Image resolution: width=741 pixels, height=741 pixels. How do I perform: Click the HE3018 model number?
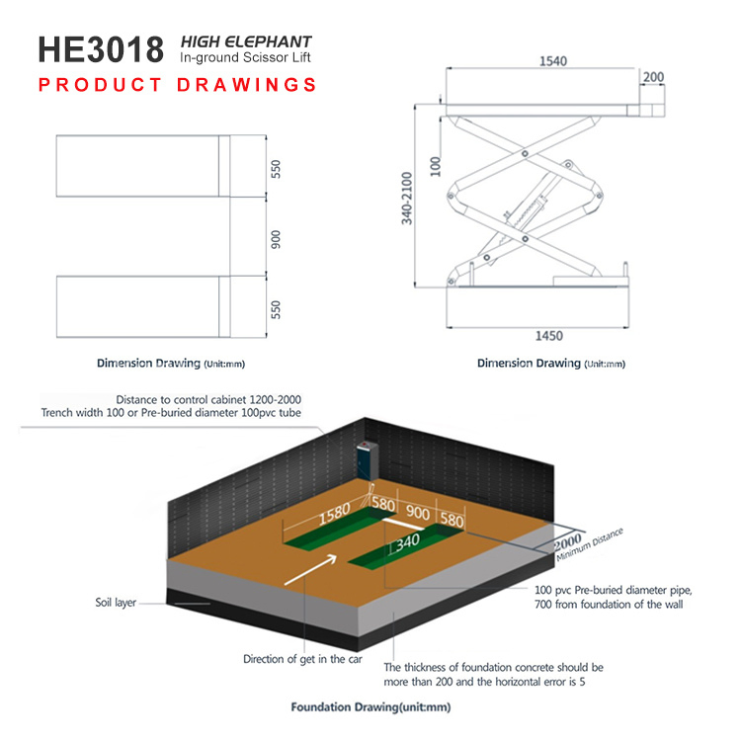pyautogui.click(x=101, y=49)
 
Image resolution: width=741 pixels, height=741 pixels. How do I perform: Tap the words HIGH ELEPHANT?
pyautogui.click(x=246, y=41)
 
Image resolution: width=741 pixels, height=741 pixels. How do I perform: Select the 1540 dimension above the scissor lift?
pyautogui.click(x=553, y=61)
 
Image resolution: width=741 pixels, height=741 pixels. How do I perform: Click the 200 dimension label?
pyautogui.click(x=653, y=76)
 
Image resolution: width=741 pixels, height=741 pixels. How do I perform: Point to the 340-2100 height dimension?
pyautogui.click(x=407, y=198)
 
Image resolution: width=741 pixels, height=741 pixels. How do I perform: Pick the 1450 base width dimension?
pyautogui.click(x=548, y=336)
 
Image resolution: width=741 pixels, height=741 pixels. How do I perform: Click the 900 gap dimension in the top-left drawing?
pyautogui.click(x=276, y=239)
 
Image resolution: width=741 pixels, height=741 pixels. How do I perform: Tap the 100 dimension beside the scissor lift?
pyautogui.click(x=436, y=166)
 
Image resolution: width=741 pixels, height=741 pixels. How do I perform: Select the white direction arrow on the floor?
pyautogui.click(x=310, y=569)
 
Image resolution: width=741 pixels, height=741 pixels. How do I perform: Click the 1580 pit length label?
pyautogui.click(x=334, y=515)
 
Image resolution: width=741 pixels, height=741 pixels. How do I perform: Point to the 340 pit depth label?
pyautogui.click(x=407, y=542)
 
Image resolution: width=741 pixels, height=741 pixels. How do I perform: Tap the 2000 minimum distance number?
pyautogui.click(x=567, y=541)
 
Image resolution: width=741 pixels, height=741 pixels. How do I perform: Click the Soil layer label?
pyautogui.click(x=116, y=603)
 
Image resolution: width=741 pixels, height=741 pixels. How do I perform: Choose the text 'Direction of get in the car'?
pyautogui.click(x=302, y=659)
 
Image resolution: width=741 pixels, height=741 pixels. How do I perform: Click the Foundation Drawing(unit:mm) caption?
pyautogui.click(x=370, y=707)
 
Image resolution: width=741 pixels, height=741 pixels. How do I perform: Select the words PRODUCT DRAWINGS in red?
pyautogui.click(x=177, y=85)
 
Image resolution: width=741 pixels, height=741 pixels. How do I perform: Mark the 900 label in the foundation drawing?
pyautogui.click(x=418, y=513)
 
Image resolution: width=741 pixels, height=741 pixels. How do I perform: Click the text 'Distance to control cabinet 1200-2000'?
pyautogui.click(x=208, y=399)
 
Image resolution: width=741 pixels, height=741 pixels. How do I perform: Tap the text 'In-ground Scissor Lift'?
pyautogui.click(x=245, y=57)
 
